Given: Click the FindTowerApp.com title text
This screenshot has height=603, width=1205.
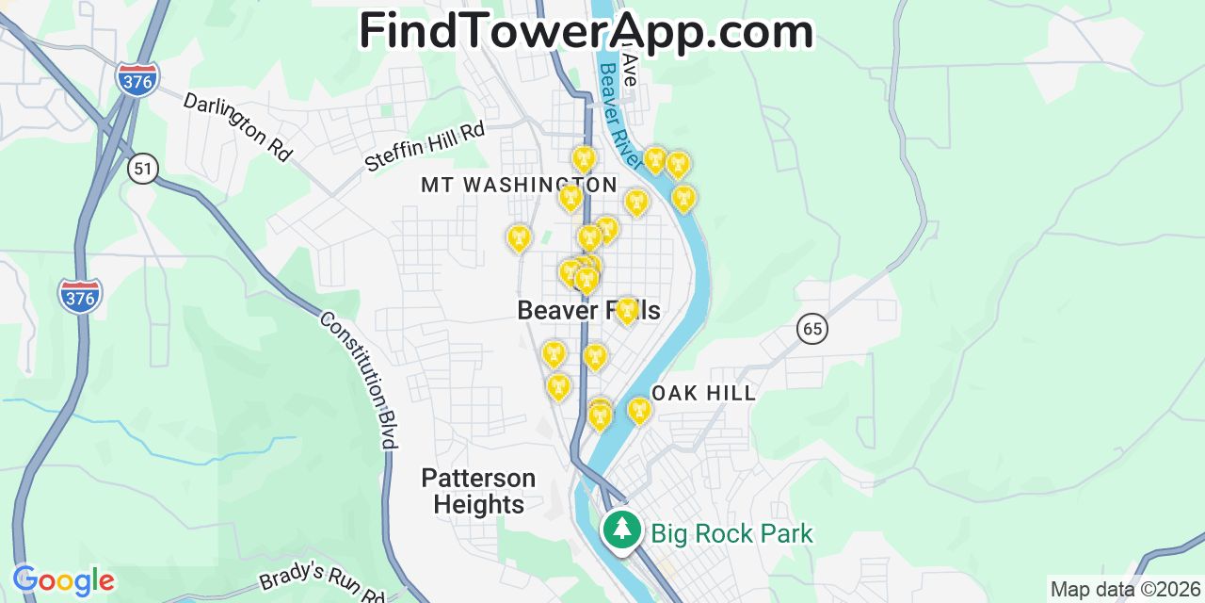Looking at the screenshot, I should click(x=586, y=31).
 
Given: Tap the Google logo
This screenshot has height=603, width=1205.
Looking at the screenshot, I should click(x=63, y=580).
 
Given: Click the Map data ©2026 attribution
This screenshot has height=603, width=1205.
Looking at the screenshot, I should click(x=1126, y=590).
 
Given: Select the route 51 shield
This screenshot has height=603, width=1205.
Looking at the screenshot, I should click(x=143, y=169).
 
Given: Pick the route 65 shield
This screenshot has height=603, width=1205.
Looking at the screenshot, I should click(x=811, y=329).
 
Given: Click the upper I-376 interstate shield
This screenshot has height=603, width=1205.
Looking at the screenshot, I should click(x=137, y=77).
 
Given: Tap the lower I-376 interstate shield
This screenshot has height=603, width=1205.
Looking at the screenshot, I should click(x=80, y=296).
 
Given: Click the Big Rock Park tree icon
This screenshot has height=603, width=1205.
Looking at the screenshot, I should click(x=621, y=530).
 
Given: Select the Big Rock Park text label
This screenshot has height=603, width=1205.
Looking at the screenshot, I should click(x=731, y=534).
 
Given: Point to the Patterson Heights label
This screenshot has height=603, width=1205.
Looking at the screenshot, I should click(x=478, y=491).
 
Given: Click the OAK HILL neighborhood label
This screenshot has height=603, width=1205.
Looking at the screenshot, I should click(x=703, y=394).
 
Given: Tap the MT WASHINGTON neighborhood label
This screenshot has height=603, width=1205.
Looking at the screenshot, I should click(x=519, y=185).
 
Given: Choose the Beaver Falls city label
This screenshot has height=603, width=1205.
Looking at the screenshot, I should click(x=588, y=310).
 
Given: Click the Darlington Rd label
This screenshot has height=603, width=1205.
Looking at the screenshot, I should click(x=238, y=126).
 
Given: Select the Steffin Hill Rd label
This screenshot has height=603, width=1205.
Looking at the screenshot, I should click(x=425, y=146).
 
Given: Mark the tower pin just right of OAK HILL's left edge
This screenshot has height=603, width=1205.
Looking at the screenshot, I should click(x=638, y=410).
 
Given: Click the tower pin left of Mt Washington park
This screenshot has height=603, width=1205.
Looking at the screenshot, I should click(x=519, y=238).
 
